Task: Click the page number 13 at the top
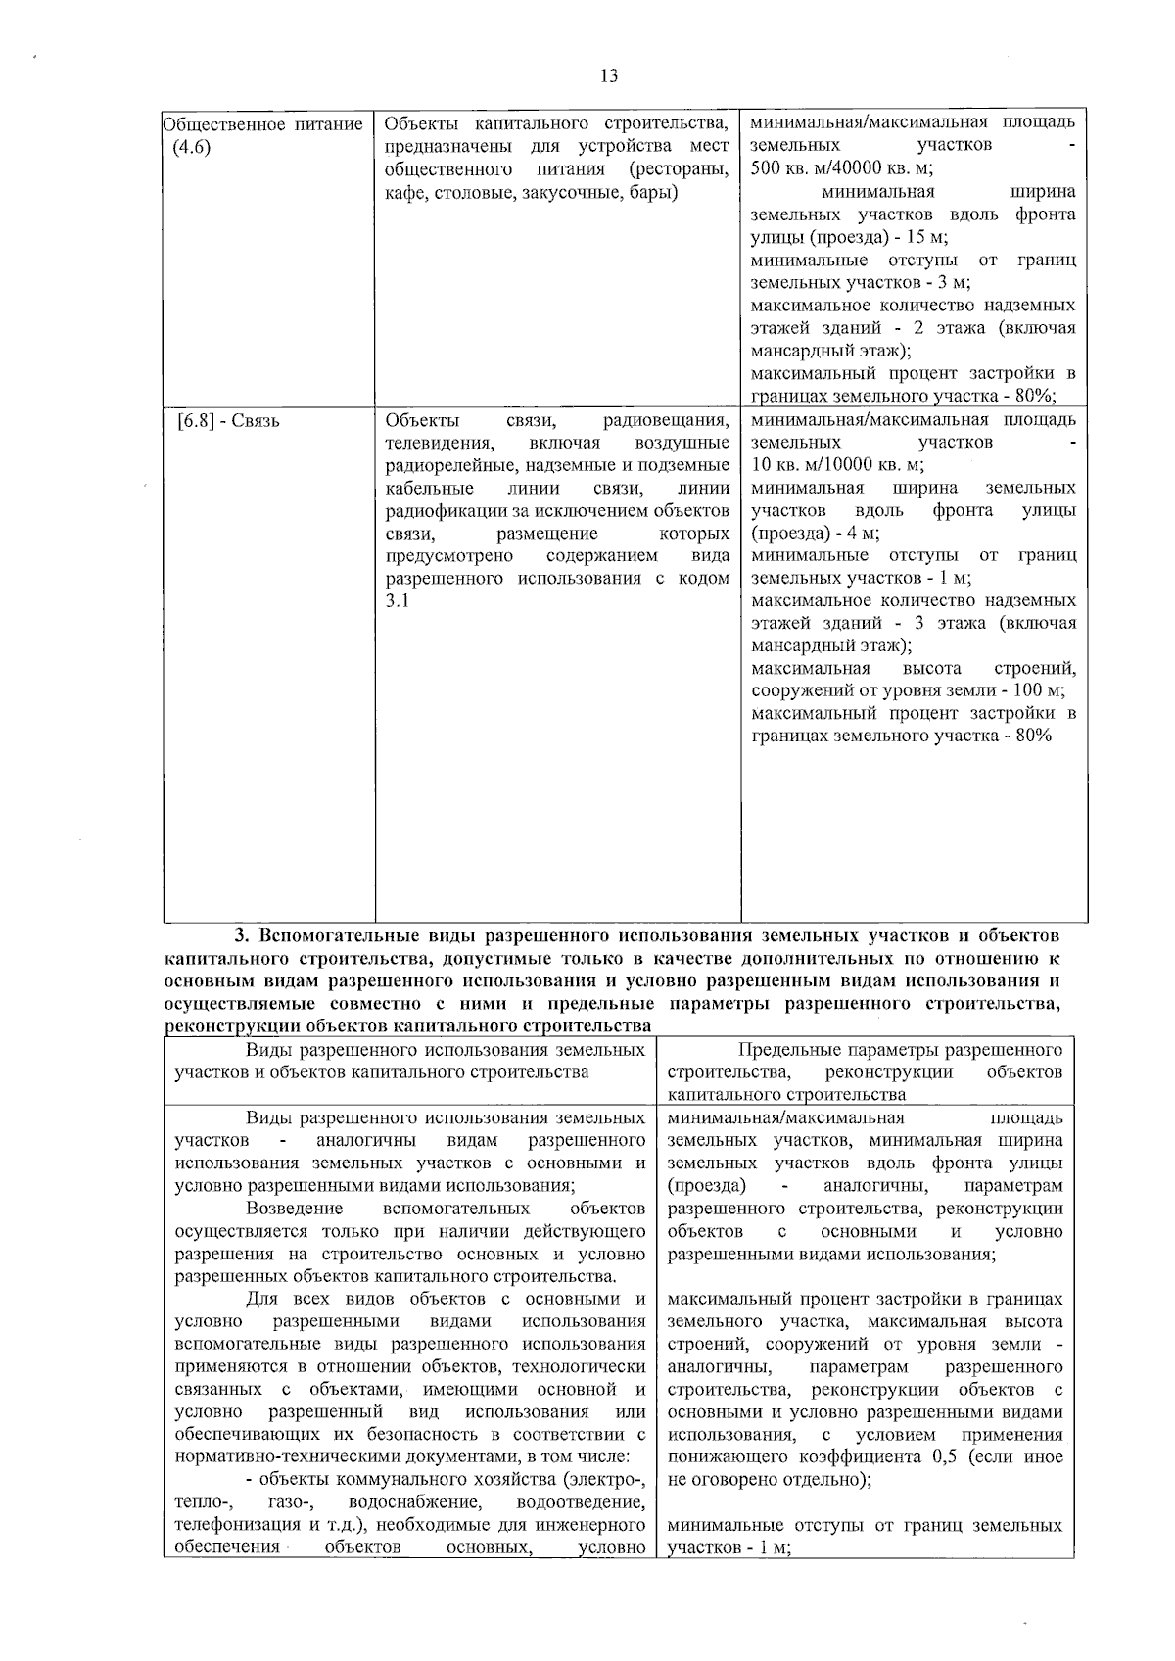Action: (608, 76)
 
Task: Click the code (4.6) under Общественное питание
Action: (191, 147)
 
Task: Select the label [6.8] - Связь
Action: (228, 421)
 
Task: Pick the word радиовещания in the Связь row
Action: (666, 421)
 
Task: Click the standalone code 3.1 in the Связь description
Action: (397, 601)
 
